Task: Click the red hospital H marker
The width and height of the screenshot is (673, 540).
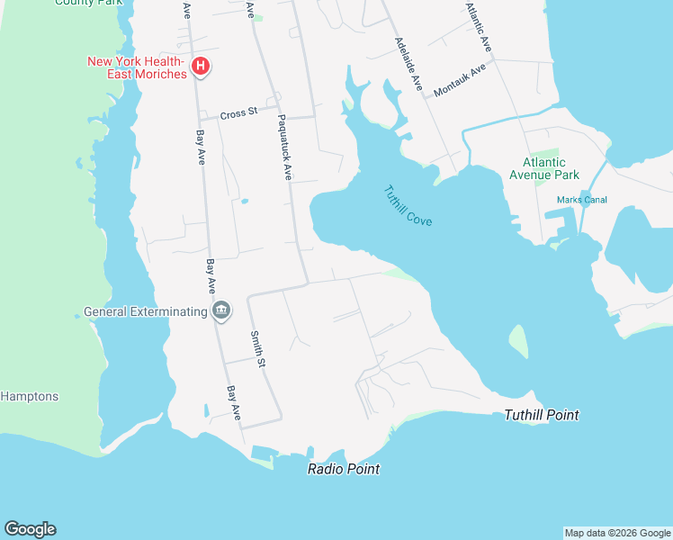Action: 202,67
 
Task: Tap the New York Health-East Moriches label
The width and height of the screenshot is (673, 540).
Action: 136,67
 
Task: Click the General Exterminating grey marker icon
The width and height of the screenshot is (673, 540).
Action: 221,311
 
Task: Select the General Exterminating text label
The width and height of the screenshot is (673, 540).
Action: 145,312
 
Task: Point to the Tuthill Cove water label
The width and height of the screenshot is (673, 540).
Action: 408,205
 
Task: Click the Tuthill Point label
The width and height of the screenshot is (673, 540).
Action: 541,415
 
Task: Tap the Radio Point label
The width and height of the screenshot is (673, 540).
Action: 343,469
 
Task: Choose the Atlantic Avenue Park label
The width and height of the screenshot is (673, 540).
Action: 544,168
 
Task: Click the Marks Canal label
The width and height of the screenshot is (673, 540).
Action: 581,200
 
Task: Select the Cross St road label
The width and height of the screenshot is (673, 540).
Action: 238,112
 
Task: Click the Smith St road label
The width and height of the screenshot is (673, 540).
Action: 259,349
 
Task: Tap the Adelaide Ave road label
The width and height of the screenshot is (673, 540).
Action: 408,63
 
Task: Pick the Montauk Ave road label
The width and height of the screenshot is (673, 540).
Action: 459,80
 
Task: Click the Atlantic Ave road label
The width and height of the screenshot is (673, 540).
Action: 478,25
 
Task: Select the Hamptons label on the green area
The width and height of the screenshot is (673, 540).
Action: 29,396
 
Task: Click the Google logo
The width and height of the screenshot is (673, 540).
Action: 30,529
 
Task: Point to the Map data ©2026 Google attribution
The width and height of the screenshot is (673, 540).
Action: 617,533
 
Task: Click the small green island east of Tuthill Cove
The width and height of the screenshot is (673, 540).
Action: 518,341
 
